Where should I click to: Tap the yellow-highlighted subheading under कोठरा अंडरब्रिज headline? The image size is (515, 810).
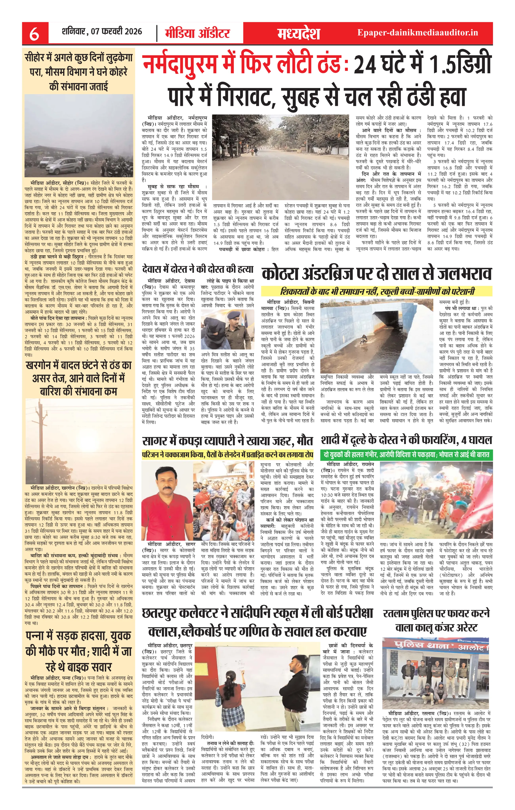pos(377,291)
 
